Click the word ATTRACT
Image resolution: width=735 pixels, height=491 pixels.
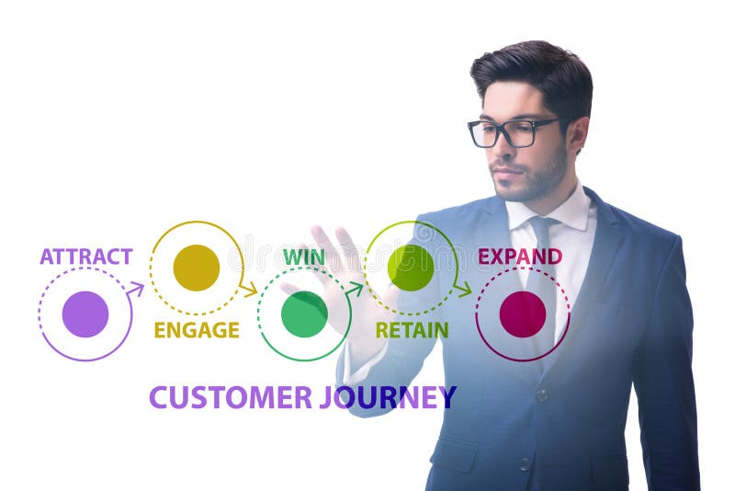click(x=85, y=257)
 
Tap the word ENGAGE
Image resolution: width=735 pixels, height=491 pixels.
click(x=197, y=330)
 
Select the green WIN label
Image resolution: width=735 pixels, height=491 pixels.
click(x=303, y=257)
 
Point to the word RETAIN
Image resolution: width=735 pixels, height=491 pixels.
click(x=412, y=330)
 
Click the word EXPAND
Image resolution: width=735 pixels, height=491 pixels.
click(x=520, y=257)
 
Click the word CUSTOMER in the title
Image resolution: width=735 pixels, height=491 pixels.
click(x=231, y=397)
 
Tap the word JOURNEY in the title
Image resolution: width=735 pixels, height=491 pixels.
click(x=388, y=397)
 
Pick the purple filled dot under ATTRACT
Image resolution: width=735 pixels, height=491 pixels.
click(x=85, y=314)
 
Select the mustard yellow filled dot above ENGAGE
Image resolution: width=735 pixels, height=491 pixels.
click(x=197, y=268)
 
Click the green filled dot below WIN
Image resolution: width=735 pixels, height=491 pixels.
click(x=304, y=314)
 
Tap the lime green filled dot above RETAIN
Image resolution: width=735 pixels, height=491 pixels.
click(x=411, y=268)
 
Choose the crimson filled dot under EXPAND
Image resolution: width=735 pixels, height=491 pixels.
click(x=523, y=314)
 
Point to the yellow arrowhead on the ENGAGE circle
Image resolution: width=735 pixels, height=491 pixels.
click(x=249, y=290)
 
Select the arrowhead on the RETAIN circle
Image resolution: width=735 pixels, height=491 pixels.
click(x=463, y=290)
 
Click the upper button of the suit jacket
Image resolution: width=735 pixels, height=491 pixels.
click(x=543, y=394)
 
